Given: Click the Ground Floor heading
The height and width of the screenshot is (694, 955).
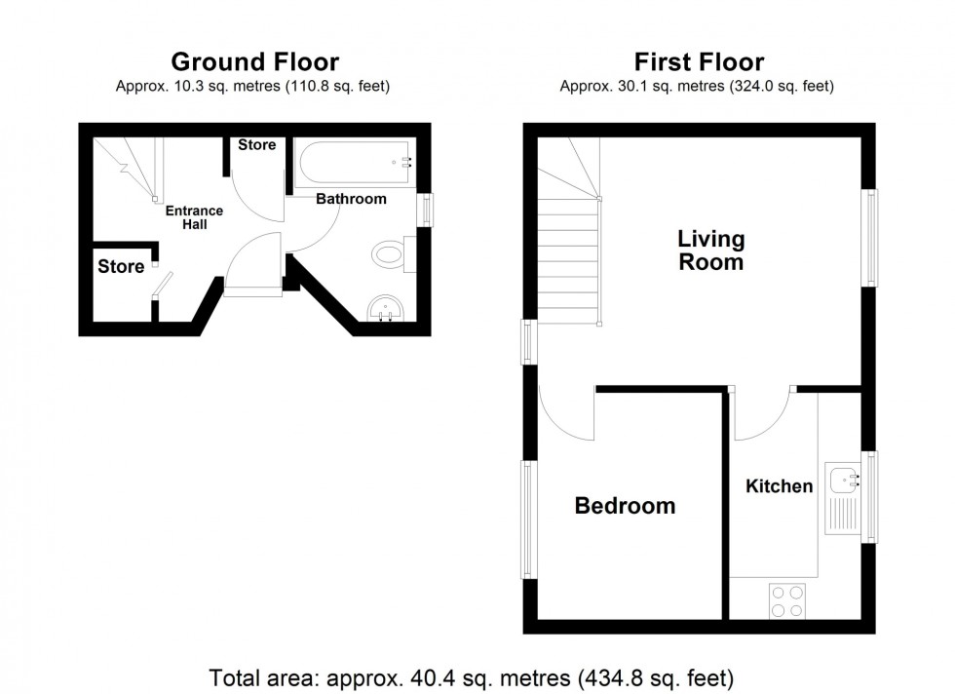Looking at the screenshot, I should click(x=254, y=62).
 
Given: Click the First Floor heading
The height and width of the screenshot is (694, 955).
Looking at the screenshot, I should click(x=699, y=62).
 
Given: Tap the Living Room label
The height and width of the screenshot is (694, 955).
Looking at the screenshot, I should click(x=711, y=251).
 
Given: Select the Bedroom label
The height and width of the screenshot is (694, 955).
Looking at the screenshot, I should click(x=625, y=506).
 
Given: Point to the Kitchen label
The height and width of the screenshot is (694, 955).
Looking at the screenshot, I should click(x=779, y=486).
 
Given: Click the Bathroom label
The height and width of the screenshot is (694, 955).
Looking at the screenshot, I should click(x=351, y=199).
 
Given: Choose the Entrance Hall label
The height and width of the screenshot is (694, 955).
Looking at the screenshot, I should click(x=193, y=217).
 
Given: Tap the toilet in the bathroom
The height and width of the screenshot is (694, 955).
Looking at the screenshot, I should click(x=389, y=255).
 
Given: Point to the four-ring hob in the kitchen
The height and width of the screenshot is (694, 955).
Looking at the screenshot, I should click(x=788, y=599).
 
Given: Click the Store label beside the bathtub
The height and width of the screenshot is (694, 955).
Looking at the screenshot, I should click(x=257, y=145).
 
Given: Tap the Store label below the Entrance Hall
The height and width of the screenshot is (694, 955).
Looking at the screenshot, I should click(x=121, y=266).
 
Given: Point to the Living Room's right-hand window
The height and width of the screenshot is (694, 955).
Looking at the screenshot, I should click(x=869, y=238).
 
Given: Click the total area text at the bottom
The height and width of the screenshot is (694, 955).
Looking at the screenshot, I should click(x=472, y=675).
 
